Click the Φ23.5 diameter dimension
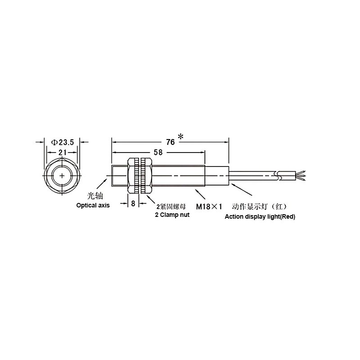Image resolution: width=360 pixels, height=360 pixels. [x=63, y=142]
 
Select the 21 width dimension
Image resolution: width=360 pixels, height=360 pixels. [x=62, y=152]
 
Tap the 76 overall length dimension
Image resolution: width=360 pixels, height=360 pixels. [x=171, y=142]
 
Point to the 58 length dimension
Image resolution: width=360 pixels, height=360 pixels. [x=158, y=152]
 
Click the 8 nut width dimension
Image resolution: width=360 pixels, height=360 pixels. [x=133, y=203]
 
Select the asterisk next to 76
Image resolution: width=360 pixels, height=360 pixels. [x=181, y=137]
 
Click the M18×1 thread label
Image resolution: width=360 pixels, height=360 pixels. [x=209, y=207]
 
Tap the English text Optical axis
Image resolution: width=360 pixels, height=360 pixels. [x=93, y=205]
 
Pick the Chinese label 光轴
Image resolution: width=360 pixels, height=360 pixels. [x=95, y=196]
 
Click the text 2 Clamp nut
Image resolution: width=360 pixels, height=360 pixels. [x=172, y=215]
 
